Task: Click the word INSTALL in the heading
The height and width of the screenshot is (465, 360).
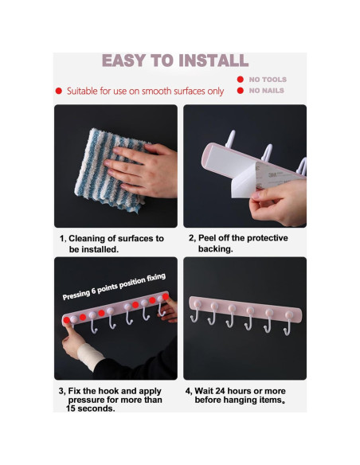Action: pos(213,61)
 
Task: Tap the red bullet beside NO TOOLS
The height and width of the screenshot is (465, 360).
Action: pos(241,80)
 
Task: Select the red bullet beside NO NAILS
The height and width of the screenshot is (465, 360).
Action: pos(241,91)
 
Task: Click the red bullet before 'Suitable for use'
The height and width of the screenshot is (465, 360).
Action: pos(59,91)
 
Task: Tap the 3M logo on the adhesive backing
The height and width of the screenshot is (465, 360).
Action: pos(273,174)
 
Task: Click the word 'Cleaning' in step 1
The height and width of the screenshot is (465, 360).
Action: pos(87,239)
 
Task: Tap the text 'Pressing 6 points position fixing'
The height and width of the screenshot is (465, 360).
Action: pos(114,287)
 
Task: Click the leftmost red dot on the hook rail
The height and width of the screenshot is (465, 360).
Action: pos(67,320)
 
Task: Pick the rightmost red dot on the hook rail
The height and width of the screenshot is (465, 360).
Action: pos(166,296)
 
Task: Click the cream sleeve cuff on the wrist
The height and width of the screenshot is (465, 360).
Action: pos(90,356)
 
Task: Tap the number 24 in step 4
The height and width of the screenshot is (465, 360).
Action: pos(220,391)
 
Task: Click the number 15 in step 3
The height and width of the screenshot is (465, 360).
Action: pos(71,408)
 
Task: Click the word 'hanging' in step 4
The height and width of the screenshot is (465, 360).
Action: pos(240,401)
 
